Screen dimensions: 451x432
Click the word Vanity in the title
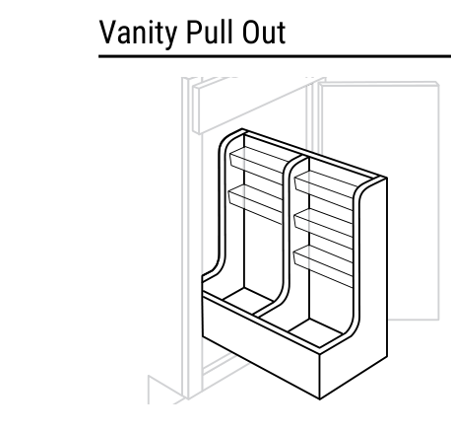click(138, 33)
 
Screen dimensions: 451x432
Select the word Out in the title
click(264, 32)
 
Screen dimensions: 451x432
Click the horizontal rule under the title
click(275, 57)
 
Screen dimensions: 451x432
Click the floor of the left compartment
click(249, 301)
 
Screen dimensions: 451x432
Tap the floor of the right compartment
click(315, 332)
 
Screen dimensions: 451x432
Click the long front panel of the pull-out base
click(261, 345)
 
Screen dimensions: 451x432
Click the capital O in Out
click(250, 32)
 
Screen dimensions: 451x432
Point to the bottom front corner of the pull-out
click(320, 399)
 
